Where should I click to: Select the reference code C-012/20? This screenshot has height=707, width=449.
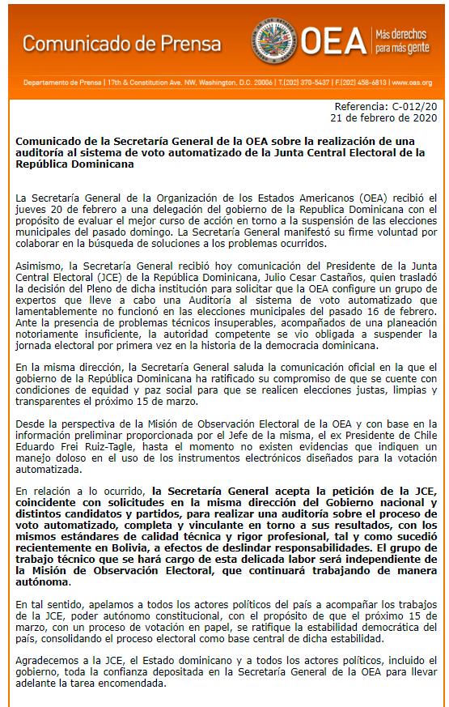point(414,106)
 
